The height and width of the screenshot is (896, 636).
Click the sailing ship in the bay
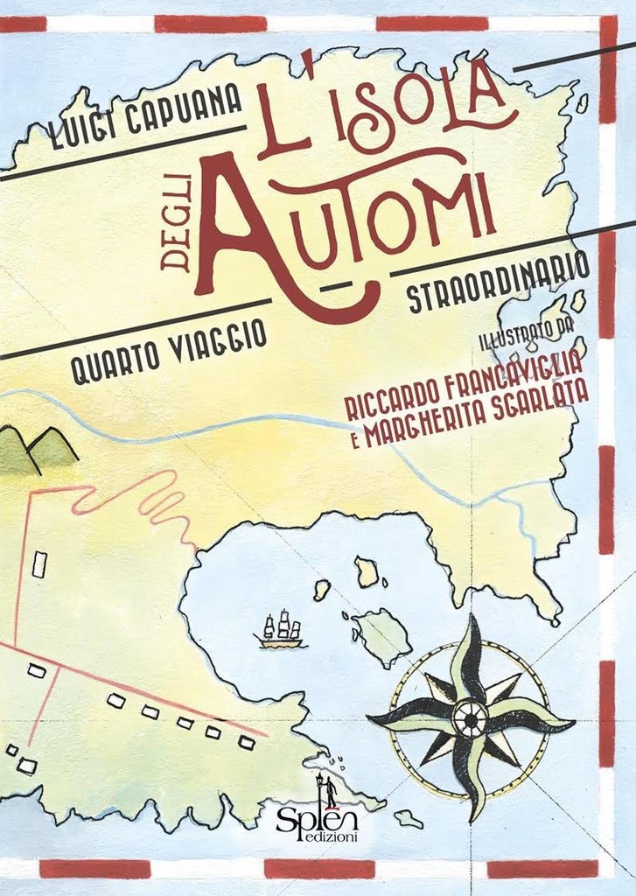[282, 630]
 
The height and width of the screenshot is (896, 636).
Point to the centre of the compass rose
[470, 718]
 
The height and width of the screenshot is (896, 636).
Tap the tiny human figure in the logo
[331, 793]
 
